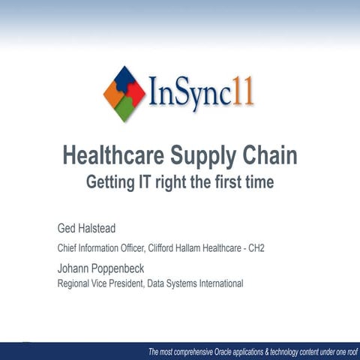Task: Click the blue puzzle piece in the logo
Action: click(x=124, y=78)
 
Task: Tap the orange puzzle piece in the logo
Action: click(x=112, y=94)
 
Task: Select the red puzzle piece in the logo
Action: click(x=136, y=94)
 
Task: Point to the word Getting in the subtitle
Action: click(x=115, y=181)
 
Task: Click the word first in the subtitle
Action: click(x=229, y=181)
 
